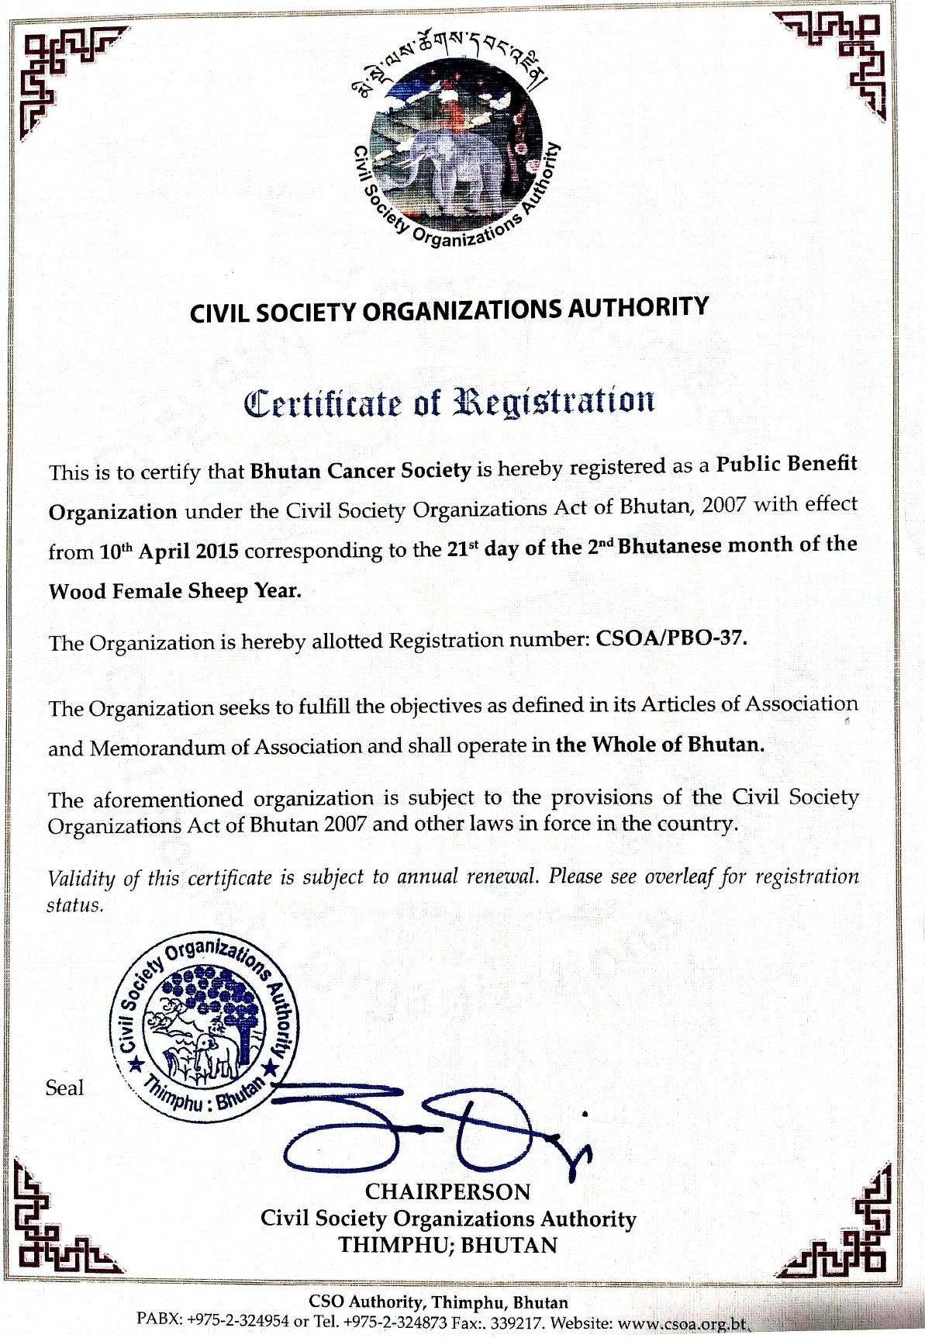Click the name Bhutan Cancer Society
pos(361,471)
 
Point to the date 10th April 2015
pos(169,551)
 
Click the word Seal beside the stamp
pos(64,1088)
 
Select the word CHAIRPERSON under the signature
pos(447,1191)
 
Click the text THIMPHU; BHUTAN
pos(447,1246)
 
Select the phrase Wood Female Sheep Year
pos(174,591)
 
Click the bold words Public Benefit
pos(785,464)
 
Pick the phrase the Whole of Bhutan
pos(660,745)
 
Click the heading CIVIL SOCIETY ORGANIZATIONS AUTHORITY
pos(449,309)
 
